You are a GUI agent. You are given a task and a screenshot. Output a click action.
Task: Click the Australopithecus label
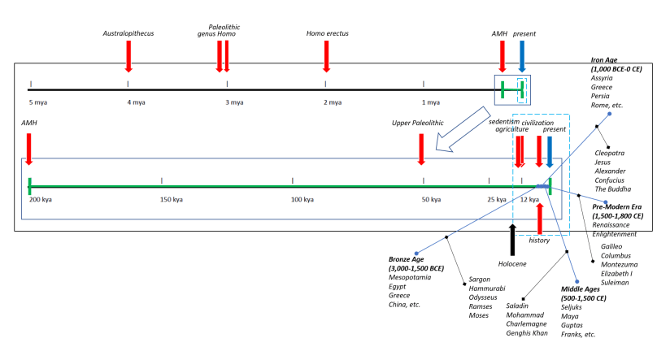[128, 33]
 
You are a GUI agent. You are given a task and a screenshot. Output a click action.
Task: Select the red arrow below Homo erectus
[327, 55]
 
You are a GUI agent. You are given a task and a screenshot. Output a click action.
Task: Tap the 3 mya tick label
[234, 102]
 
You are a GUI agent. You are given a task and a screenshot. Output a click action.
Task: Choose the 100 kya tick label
[302, 199]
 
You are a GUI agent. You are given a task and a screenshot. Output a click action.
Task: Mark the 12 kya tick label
[529, 199]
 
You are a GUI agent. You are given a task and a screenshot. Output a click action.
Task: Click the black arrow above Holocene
[511, 240]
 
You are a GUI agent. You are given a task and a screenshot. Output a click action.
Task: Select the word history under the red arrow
[539, 240]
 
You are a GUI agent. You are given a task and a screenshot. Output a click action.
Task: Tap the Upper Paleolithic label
[418, 122]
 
